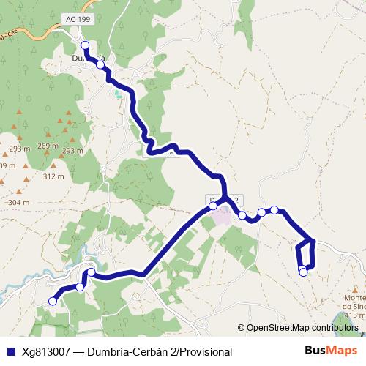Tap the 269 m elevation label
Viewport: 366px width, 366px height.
point(48,146)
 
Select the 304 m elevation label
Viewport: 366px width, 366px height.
point(18,203)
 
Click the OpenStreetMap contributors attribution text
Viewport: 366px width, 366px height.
point(302,329)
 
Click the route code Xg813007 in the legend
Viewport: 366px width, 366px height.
point(46,351)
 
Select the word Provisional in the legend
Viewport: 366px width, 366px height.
point(200,351)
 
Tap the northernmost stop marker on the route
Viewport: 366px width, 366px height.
point(86,45)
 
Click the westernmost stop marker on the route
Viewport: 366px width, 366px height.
point(53,301)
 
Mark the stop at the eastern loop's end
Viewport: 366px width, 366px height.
point(304,272)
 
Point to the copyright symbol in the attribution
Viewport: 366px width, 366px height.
point(241,329)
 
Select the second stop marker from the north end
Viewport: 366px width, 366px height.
point(100,64)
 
